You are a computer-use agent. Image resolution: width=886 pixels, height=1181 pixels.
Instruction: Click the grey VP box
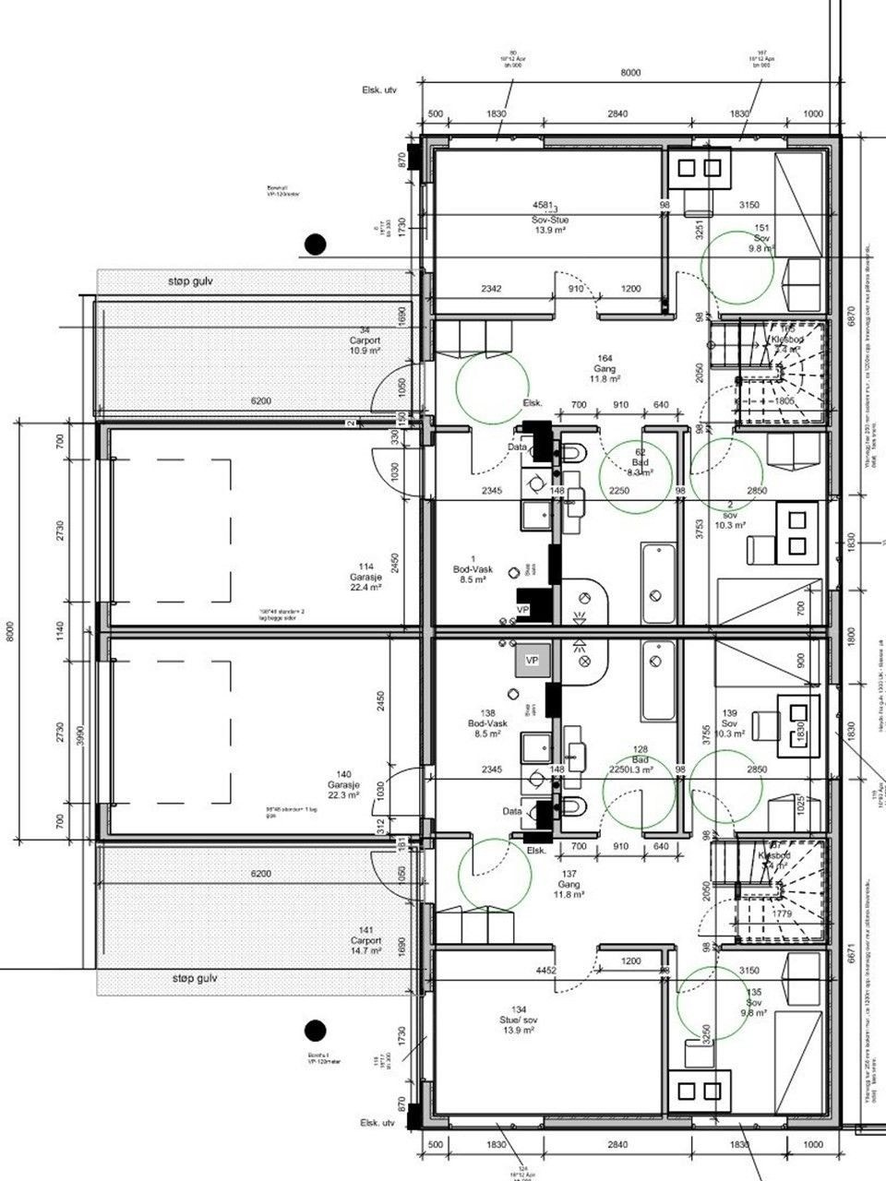point(532,661)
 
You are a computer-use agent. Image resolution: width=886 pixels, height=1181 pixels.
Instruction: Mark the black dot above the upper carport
point(316,244)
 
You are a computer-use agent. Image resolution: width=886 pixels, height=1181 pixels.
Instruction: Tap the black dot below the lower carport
point(316,1029)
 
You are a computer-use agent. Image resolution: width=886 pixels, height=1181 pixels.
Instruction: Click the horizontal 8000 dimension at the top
point(630,71)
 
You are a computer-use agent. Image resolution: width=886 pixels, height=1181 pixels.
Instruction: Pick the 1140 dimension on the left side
point(60,631)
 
